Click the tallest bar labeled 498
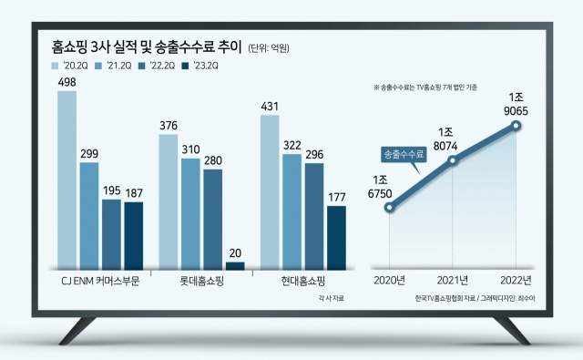pos(66,180)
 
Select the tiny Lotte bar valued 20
pos(235,266)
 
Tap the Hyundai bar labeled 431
pos(270,192)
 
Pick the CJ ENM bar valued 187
pos(134,236)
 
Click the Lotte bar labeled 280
pos(213,220)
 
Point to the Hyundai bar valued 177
pos(336,238)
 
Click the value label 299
pos(89,154)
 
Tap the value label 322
pos(292,146)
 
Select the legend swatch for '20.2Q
pos(55,66)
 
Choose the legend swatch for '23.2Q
pos(185,66)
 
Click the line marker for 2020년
pos(389,208)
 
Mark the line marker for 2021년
pos(453,160)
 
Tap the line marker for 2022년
pos(516,126)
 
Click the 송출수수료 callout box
pos(404,154)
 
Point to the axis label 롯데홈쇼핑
pos(201,281)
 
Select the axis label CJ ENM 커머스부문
pos(100,281)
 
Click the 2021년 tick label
pos(453,280)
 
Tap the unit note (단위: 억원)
pos(269,48)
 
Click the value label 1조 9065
pos(516,104)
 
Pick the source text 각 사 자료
pos(331,298)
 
